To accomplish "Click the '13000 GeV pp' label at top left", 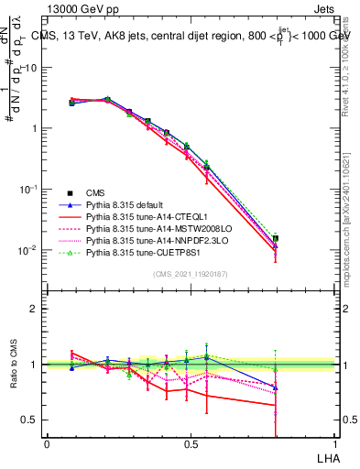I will pyautogui.click(x=77, y=8).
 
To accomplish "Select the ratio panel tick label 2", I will pyautogui.click(x=34, y=309).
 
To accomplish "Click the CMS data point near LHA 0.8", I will pyautogui.click(x=275, y=238).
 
